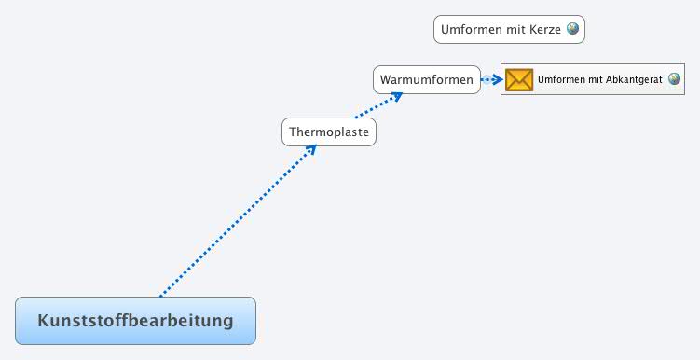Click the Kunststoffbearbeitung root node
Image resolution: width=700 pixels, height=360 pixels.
[135, 321]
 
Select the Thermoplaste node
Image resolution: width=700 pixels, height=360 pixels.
[329, 132]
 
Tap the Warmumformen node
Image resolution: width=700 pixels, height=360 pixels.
[427, 80]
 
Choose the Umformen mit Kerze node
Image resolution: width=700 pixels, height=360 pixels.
[509, 30]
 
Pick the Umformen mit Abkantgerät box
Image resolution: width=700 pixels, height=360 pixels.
[599, 80]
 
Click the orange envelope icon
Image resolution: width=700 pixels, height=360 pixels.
[519, 80]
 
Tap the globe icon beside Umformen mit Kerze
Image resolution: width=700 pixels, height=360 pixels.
[572, 29]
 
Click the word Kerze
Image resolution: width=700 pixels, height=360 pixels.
[544, 30]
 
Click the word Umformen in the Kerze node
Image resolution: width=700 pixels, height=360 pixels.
[472, 30]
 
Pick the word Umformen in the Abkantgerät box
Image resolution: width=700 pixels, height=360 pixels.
[561, 80]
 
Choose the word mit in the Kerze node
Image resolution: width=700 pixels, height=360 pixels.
[515, 30]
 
